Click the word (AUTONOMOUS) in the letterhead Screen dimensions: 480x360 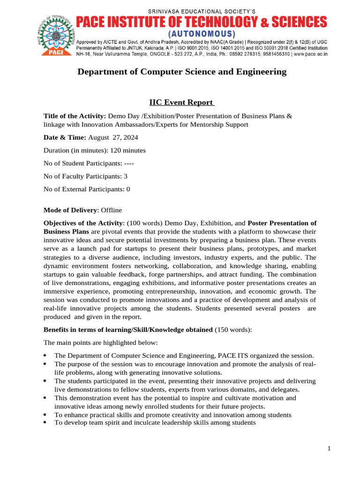click(202, 34)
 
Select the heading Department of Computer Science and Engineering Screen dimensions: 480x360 click(181, 72)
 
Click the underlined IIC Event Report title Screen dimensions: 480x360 click(181, 103)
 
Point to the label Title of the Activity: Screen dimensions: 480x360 click(75, 116)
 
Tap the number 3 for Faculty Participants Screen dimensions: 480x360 click(126, 176)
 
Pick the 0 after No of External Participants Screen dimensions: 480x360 click(128, 189)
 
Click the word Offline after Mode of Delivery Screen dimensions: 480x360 click(111, 210)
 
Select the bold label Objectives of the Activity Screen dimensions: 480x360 click(83, 223)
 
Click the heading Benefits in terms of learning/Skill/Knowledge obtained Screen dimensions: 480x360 click(128, 330)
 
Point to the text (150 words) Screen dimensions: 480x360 click(233, 330)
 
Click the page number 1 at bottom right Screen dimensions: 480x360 click(329, 449)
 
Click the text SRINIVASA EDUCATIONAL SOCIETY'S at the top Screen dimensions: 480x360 click(202, 11)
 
